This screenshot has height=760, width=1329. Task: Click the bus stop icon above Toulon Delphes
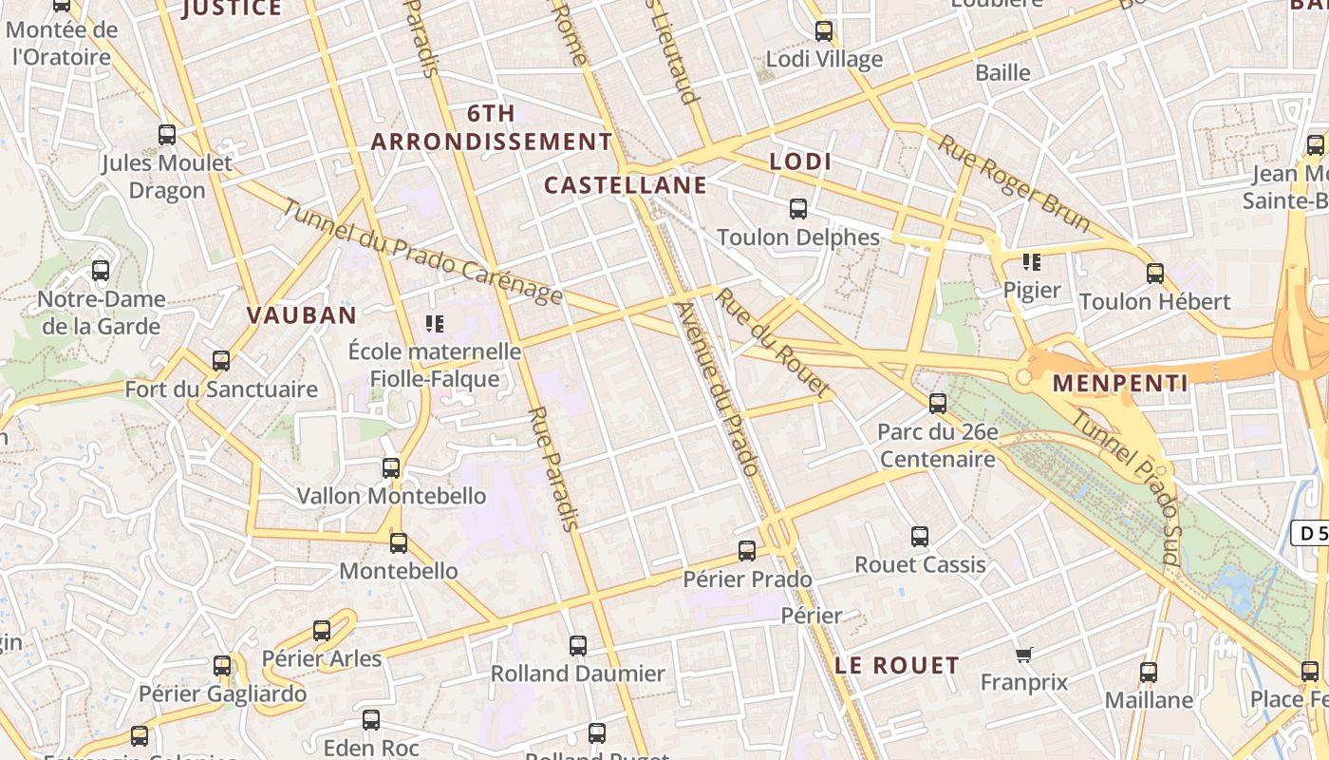pyautogui.click(x=798, y=209)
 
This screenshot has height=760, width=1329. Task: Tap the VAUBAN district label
pyautogui.click(x=302, y=315)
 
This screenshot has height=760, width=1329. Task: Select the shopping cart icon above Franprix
pyautogui.click(x=1023, y=655)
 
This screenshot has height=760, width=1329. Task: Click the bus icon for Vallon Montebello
pyautogui.click(x=391, y=468)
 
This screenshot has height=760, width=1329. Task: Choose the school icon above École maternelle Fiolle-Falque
pyautogui.click(x=435, y=324)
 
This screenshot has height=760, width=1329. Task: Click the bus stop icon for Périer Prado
pyautogui.click(x=747, y=551)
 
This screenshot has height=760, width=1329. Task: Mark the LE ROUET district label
pyautogui.click(x=897, y=665)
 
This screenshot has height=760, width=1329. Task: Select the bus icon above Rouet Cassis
pyautogui.click(x=920, y=537)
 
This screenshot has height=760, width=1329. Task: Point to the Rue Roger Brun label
pyautogui.click(x=1014, y=183)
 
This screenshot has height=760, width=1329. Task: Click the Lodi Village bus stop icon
pyautogui.click(x=824, y=31)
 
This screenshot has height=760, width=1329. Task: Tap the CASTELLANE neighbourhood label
pyautogui.click(x=626, y=184)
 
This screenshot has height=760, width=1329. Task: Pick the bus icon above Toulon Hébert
pyautogui.click(x=1155, y=274)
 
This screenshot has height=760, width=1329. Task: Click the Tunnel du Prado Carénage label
pyautogui.click(x=422, y=255)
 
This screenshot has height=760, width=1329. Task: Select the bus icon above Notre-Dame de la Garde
pyautogui.click(x=101, y=271)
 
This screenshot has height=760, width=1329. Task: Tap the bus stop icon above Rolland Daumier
pyautogui.click(x=578, y=646)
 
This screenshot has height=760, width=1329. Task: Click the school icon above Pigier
pyautogui.click(x=1031, y=261)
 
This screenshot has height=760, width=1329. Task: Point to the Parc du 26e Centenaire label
pyautogui.click(x=938, y=446)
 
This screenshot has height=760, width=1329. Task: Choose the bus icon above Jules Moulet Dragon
pyautogui.click(x=167, y=135)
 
